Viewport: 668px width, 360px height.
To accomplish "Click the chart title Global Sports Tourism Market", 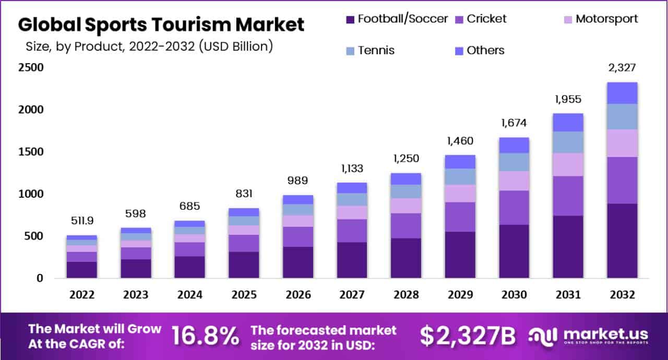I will (x=161, y=24).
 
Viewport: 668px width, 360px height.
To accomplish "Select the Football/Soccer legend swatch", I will (x=350, y=20).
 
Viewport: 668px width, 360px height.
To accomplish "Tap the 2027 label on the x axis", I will (x=352, y=295).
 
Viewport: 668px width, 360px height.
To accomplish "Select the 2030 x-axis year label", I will (x=514, y=295).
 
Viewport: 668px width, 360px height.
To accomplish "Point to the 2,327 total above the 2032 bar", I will (x=622, y=67).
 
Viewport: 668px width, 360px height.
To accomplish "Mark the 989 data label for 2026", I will (x=298, y=181).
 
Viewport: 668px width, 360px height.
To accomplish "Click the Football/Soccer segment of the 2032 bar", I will (x=622, y=241).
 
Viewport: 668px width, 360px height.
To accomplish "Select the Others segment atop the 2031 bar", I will (x=568, y=122).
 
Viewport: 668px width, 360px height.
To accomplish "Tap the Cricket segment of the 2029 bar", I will (x=460, y=217).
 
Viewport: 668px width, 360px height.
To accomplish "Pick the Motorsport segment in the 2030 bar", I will (x=514, y=181).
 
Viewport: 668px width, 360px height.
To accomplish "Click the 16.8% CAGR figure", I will (x=205, y=336).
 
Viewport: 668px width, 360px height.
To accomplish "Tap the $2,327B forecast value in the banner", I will (x=468, y=336).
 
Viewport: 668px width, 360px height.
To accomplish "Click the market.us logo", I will (x=589, y=335).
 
